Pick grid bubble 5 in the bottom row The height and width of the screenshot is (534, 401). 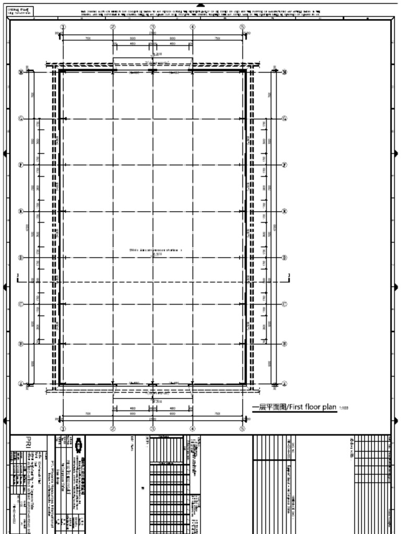(242, 429)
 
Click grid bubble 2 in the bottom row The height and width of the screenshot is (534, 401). (113, 429)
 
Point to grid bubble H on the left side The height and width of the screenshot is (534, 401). (21, 72)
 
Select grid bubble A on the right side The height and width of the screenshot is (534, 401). (285, 384)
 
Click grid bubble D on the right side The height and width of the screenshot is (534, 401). (285, 258)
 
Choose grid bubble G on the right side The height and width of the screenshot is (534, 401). (285, 119)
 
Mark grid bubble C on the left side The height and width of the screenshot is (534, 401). (21, 304)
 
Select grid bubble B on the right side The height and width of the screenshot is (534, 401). (285, 344)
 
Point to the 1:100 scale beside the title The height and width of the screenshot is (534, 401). (344, 408)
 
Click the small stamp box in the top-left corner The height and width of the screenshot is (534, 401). (20, 11)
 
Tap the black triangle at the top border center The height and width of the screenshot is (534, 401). (201, 4)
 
